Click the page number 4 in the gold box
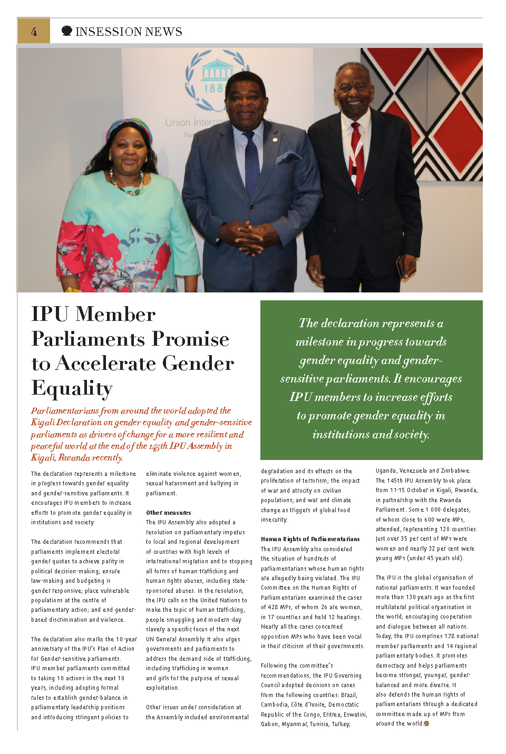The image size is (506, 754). click(x=34, y=32)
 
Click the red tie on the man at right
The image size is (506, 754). click(x=358, y=156)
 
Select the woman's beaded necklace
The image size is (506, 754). click(x=127, y=184)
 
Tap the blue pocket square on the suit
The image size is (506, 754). click(x=289, y=156)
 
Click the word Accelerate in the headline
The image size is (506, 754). click(x=144, y=363)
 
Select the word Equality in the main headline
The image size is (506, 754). click(x=72, y=388)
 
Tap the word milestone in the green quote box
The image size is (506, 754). click(x=319, y=342)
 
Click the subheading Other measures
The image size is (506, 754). click(x=169, y=513)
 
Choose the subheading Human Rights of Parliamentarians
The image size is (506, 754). click(x=310, y=539)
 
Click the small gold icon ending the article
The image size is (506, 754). click(x=426, y=723)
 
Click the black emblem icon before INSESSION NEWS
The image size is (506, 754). click(x=67, y=31)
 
